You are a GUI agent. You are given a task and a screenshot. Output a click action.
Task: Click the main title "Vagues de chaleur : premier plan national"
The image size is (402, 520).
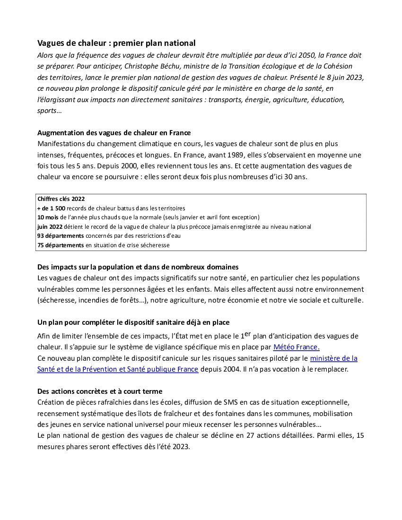(116, 43)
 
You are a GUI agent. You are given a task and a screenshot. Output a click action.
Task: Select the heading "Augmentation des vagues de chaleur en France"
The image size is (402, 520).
(114, 133)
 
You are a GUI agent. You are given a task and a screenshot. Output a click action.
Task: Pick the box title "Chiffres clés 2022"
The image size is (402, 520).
(61, 199)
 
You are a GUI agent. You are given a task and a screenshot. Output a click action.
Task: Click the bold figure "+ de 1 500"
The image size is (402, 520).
(51, 208)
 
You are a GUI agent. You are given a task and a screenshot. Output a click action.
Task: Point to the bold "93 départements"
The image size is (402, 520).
(61, 236)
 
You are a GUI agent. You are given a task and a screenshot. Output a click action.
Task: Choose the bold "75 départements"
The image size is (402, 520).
(61, 245)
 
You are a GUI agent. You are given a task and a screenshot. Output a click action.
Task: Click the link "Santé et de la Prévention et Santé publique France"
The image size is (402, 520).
(118, 369)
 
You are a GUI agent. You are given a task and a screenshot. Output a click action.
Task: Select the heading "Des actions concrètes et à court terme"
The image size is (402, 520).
(100, 391)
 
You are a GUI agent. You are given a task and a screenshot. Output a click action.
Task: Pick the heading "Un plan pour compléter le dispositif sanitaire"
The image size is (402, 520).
(133, 322)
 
